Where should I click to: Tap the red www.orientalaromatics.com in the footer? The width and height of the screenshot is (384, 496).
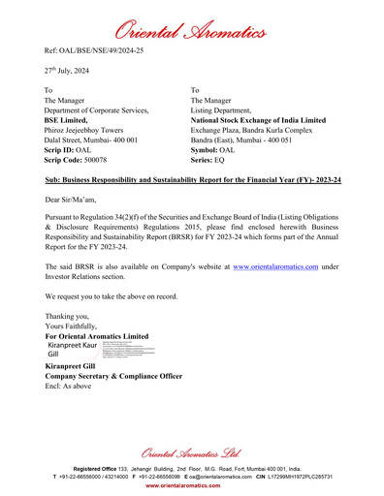[x=192, y=485]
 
